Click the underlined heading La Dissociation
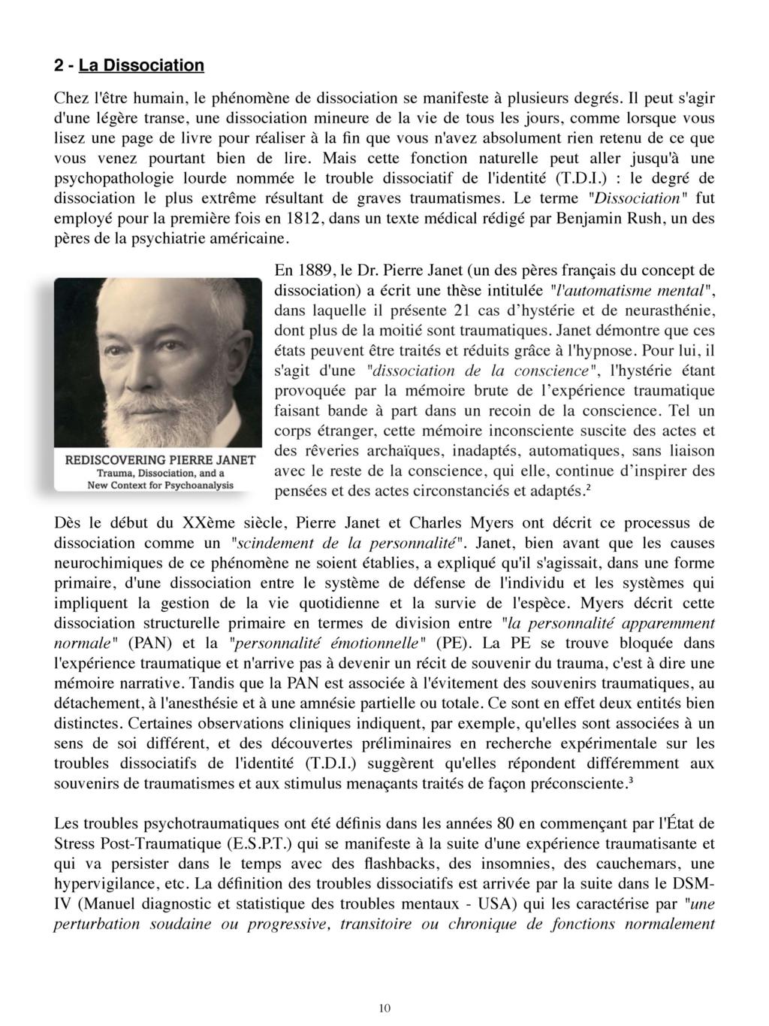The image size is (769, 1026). click(x=141, y=65)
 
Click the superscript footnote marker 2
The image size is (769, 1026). click(x=587, y=489)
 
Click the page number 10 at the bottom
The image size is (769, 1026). click(x=384, y=1009)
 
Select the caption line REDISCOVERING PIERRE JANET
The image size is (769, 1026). click(x=161, y=459)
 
